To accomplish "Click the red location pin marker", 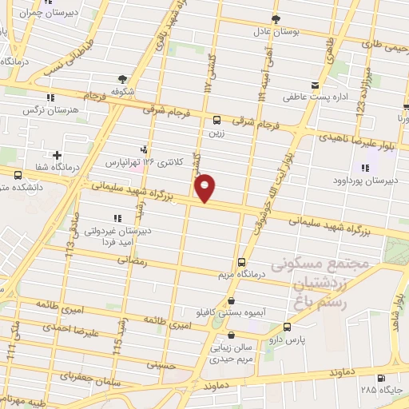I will point(205,187).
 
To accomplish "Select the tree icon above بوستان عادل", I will point(276,18).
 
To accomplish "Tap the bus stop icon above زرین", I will point(216,120).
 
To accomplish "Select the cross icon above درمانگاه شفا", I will point(58,154).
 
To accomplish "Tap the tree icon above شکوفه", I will point(122,78).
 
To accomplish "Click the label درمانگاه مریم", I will point(242,275).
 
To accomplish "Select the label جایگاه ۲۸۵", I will point(379,390).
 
